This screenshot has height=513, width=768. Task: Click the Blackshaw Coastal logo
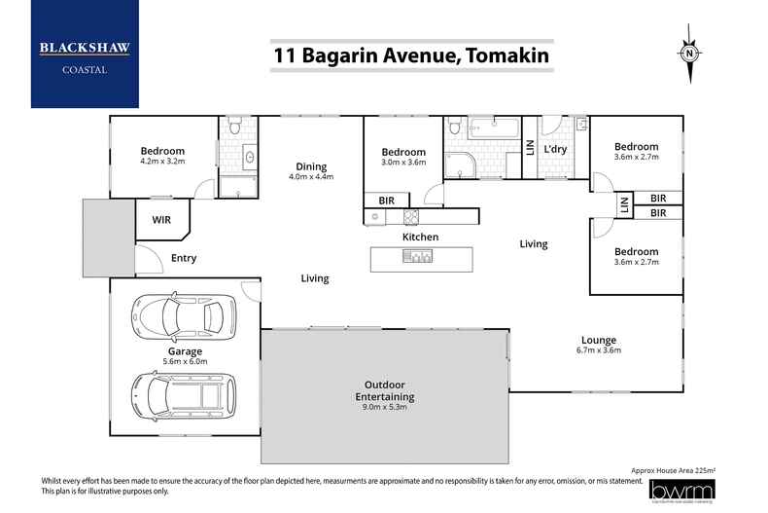[x=85, y=54]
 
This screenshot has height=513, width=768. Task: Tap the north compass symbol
[x=689, y=54]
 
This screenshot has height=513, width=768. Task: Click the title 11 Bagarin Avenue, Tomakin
[x=411, y=55]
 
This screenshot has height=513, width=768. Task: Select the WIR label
[x=161, y=220]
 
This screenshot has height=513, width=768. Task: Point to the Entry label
[x=184, y=259]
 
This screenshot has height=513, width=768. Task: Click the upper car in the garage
[x=184, y=317]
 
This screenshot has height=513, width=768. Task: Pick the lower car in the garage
[x=184, y=396]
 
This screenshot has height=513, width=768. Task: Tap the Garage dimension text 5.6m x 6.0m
[x=185, y=362]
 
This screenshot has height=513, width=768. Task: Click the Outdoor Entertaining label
[x=385, y=391]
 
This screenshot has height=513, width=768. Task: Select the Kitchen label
[x=420, y=237]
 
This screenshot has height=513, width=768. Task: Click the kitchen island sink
[x=418, y=256]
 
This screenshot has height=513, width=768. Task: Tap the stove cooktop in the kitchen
[x=411, y=217]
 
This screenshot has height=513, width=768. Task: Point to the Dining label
[x=311, y=166]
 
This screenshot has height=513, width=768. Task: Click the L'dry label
[x=555, y=149]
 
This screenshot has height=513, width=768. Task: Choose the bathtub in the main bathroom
[x=494, y=128]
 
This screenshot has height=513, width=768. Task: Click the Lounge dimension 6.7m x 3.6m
[x=599, y=350]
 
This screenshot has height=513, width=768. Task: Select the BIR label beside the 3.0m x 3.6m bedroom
[x=387, y=201]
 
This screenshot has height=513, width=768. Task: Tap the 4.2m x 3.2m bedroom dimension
[x=162, y=161]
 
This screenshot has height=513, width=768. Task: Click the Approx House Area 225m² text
[x=674, y=470]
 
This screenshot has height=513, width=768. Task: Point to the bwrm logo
[x=681, y=491]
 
